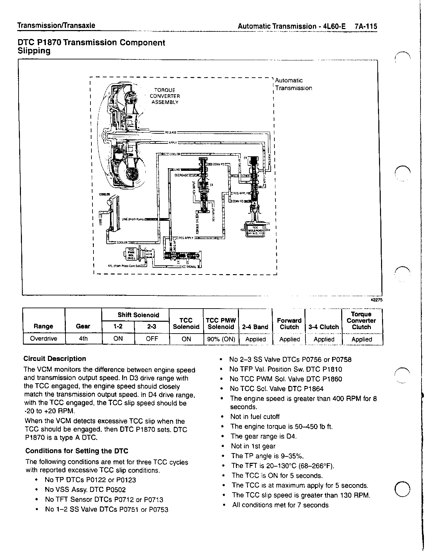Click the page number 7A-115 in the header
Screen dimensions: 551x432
click(366, 26)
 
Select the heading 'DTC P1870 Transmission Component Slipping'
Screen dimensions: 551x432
click(91, 47)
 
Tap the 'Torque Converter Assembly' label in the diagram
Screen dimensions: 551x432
click(165, 96)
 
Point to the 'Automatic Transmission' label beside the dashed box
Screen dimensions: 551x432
click(293, 84)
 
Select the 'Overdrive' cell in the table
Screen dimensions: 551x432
click(44, 339)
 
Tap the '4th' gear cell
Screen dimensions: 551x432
click(83, 339)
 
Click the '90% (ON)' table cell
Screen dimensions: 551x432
click(221, 339)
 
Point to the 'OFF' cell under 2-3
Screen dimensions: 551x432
click(152, 339)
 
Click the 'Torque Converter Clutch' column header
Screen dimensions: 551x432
click(361, 320)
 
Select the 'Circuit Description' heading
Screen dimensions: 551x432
click(55, 359)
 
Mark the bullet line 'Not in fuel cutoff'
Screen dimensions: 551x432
click(255, 417)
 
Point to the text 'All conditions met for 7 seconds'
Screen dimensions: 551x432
click(280, 505)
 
